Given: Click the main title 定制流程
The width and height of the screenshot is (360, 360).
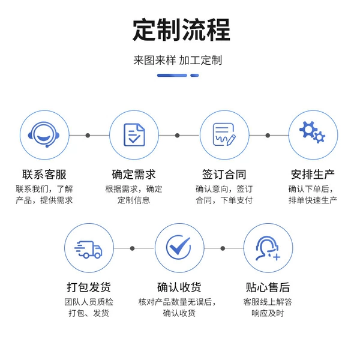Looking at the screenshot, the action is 181,30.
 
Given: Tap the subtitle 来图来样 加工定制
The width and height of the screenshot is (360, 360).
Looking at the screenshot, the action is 178,61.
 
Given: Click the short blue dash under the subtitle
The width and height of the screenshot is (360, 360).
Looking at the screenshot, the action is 194,76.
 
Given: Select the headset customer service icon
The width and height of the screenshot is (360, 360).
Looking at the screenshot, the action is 44,134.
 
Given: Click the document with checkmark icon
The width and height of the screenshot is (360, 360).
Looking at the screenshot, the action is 134,135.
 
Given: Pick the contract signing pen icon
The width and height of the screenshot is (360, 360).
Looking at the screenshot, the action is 224,134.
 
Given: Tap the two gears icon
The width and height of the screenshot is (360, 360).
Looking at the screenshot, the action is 312,132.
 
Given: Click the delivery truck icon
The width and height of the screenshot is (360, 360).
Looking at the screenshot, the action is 88,250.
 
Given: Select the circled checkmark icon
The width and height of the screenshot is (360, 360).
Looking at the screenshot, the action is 179,247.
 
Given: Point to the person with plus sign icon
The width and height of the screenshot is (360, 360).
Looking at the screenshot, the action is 268,248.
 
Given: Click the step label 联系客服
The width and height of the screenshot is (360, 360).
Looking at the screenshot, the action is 44,175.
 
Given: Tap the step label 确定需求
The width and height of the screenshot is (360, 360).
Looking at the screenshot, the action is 134,175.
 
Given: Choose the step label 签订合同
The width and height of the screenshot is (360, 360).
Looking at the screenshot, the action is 224,175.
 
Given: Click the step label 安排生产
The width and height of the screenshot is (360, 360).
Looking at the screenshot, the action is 313,175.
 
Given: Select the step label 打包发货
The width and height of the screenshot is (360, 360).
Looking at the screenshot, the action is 89,287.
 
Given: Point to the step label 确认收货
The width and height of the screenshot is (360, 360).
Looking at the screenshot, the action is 179,287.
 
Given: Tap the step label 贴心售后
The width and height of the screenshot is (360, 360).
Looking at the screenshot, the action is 268,287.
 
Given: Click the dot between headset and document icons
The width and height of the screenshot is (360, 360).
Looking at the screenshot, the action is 88,136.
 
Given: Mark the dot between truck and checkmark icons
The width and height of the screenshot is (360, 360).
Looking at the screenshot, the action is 132,248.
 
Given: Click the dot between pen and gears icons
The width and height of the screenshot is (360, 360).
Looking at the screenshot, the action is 268,136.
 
